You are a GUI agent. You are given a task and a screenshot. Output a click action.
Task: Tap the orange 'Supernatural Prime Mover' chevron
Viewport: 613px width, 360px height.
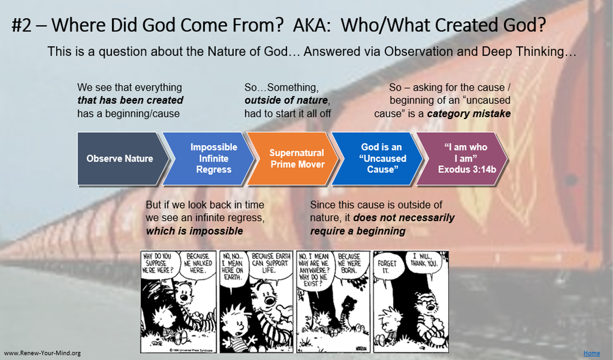pos(294,158)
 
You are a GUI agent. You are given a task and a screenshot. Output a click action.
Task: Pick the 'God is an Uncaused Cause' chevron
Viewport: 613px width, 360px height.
pos(379,158)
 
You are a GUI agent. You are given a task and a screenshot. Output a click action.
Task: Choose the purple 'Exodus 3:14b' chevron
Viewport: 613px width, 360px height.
pos(464,158)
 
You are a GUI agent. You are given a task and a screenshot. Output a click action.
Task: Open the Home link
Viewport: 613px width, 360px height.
pos(592,353)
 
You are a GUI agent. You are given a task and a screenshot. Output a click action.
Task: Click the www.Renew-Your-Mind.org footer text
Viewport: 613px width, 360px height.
pos(43,353)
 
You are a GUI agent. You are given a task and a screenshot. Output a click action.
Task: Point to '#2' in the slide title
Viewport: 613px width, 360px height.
pos(21,25)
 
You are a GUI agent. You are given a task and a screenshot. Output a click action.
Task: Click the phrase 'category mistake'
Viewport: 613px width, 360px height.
pos(469,114)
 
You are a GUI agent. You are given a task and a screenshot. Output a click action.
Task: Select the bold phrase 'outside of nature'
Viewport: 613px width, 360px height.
pos(286,100)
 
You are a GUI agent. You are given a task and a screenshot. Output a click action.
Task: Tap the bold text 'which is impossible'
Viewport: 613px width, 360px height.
pos(194,231)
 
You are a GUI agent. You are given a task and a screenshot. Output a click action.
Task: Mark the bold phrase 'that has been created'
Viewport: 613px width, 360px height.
pos(130,100)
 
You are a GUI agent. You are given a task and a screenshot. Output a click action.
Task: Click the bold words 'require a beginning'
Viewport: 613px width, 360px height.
pos(358,231)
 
